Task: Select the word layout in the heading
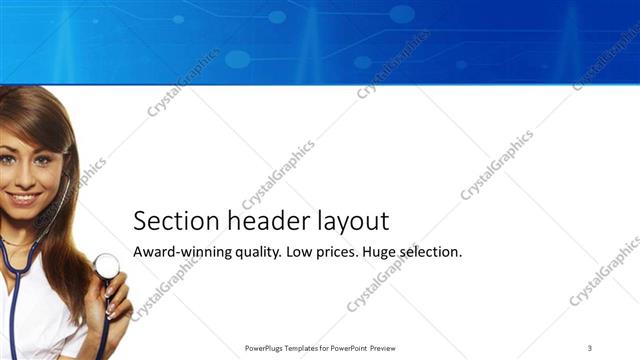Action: click(x=350, y=222)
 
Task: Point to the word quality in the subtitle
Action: click(x=258, y=253)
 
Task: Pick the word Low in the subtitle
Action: click(x=300, y=252)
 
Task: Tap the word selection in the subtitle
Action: click(x=436, y=252)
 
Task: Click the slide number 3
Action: click(x=590, y=347)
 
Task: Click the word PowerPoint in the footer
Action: click(x=347, y=348)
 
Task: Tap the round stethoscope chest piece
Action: click(x=106, y=266)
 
